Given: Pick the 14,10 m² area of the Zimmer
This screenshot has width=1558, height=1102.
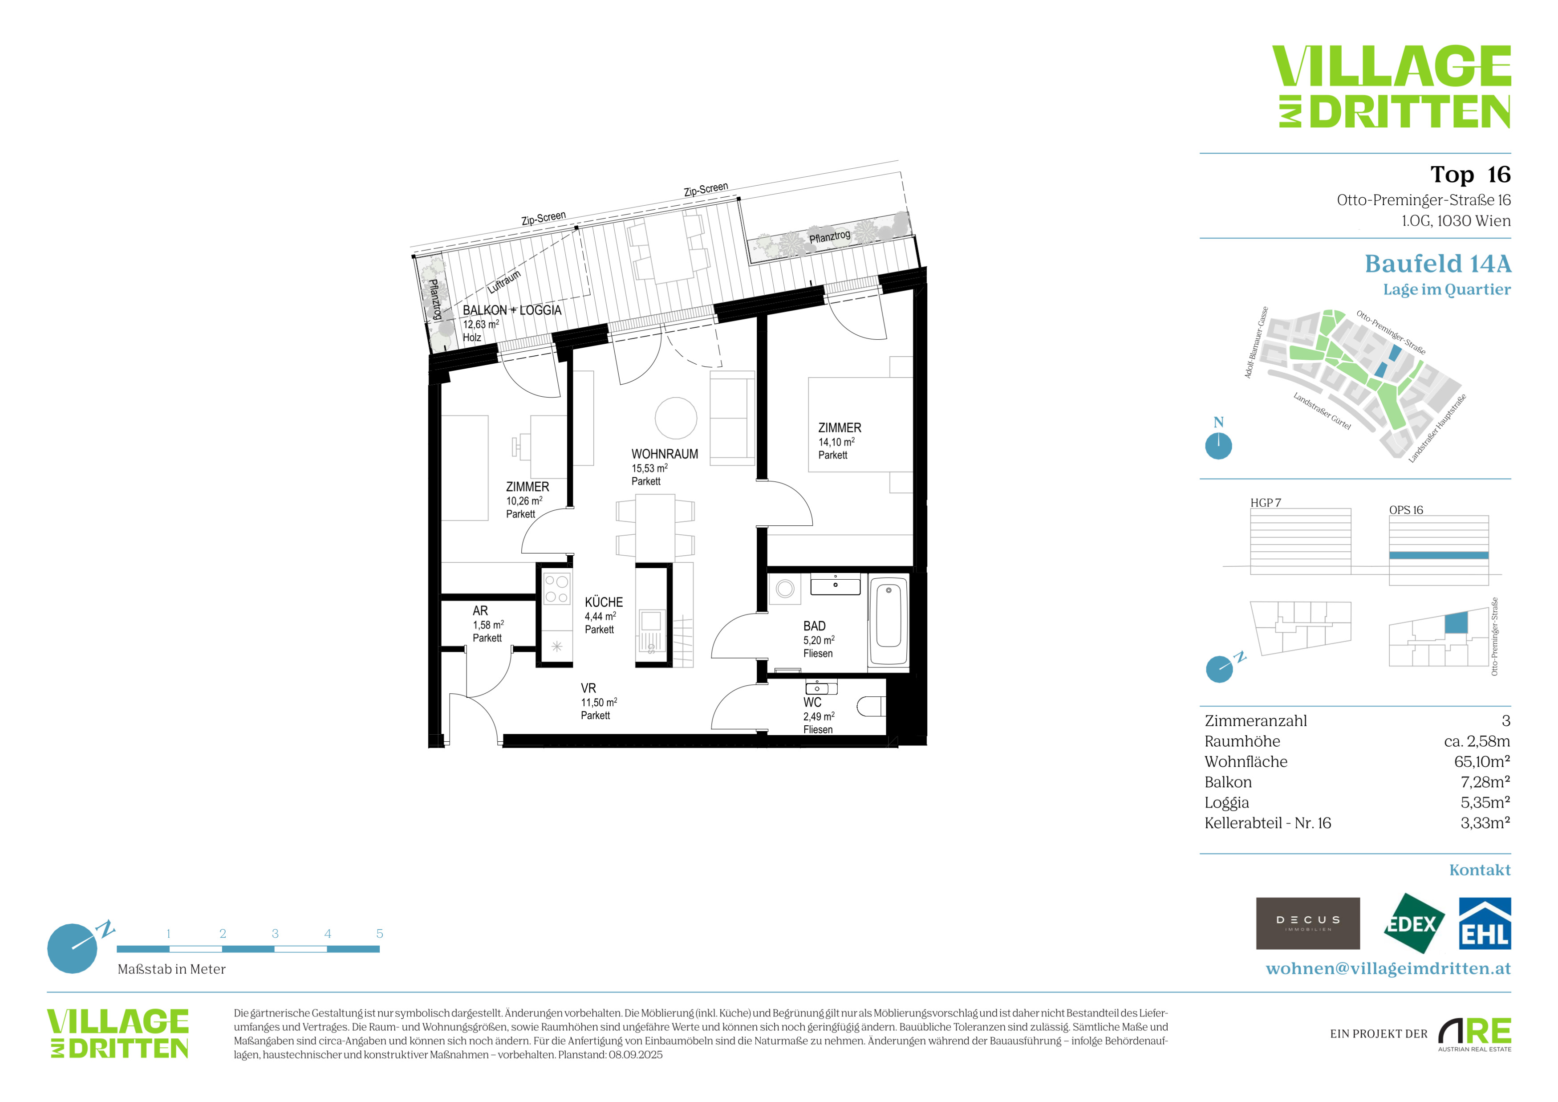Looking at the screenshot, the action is (836, 442).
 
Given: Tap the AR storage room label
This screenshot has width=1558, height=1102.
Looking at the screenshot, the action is (480, 611).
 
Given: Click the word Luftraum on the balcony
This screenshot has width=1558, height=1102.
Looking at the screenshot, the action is (504, 281).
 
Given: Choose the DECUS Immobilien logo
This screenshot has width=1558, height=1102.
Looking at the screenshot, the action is (1308, 923).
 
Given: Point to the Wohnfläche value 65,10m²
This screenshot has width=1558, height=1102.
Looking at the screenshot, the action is (1481, 761).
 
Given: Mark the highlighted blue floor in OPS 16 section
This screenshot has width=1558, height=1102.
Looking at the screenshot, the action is (1439, 555).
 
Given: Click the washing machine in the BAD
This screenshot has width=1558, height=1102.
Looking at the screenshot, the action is (785, 588).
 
